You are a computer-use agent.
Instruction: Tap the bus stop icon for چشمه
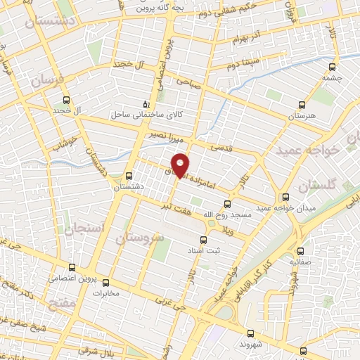(x=332, y=68)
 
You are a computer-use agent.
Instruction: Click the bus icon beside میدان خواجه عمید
(x=285, y=198)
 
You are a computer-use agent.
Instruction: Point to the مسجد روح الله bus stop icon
(x=228, y=205)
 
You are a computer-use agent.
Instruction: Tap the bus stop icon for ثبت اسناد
(x=205, y=239)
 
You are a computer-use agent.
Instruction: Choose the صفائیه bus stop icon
(x=301, y=250)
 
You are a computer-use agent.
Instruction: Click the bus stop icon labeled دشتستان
(x=128, y=176)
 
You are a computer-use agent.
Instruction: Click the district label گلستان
(x=316, y=186)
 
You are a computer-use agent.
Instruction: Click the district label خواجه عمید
(x=327, y=150)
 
